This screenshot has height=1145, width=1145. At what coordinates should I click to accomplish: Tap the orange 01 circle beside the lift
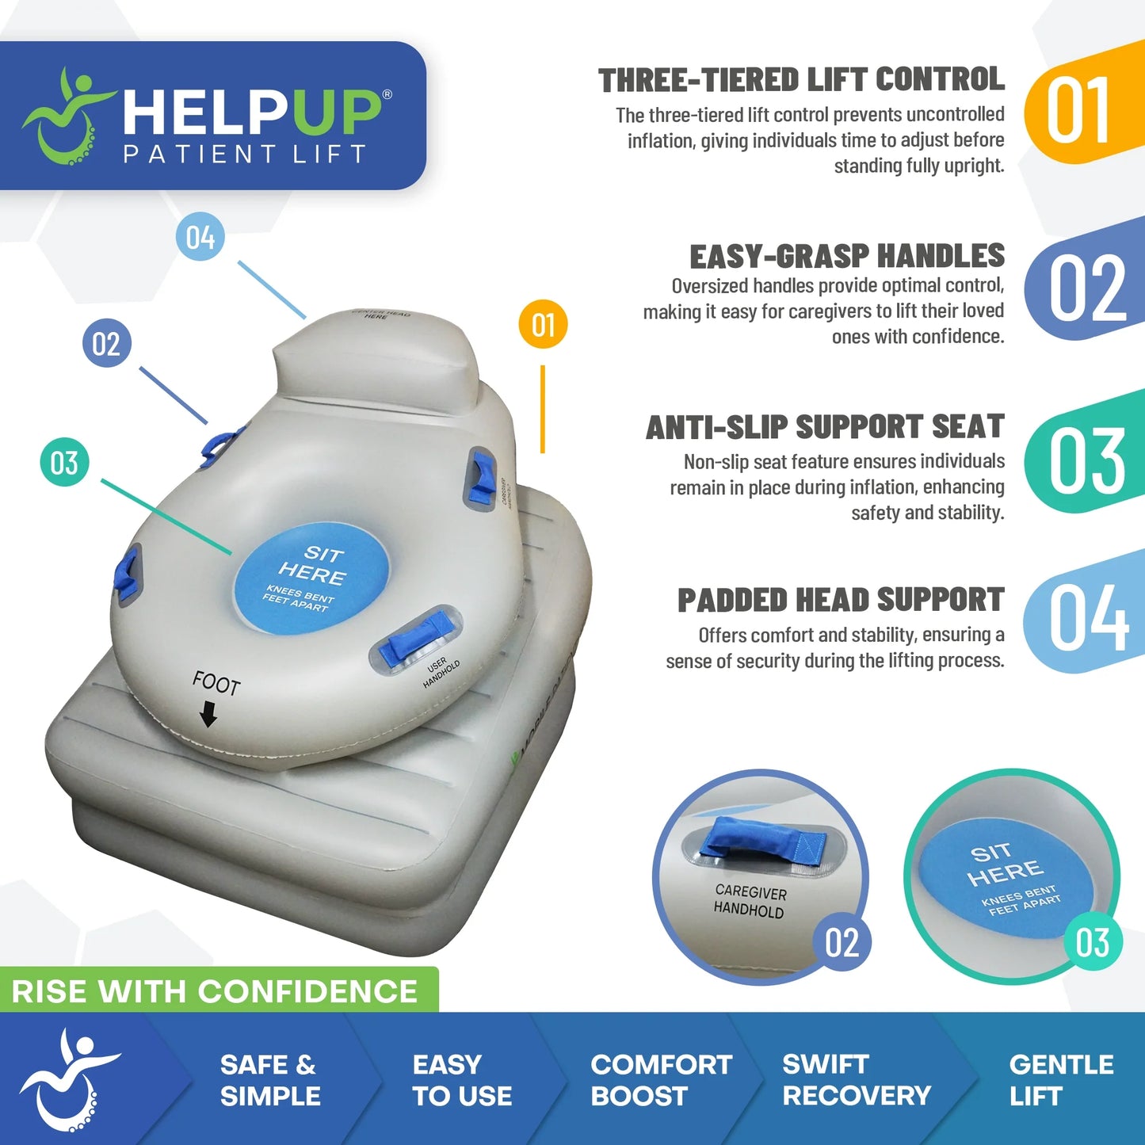click(x=543, y=324)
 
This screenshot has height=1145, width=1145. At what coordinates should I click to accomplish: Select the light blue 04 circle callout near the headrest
click(x=200, y=237)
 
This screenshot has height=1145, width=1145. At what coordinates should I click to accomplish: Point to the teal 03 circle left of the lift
click(x=64, y=463)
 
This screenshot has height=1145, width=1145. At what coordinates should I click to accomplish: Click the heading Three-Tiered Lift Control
click(x=801, y=80)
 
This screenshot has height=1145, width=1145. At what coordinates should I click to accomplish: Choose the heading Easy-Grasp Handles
click(x=846, y=257)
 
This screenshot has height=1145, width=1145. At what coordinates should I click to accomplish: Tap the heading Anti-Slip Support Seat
click(x=825, y=427)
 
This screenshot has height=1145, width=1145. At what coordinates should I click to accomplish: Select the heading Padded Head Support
click(x=841, y=600)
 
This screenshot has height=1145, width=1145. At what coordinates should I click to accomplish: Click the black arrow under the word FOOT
click(x=208, y=715)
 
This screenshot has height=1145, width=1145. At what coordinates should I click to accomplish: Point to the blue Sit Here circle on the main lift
click(x=311, y=579)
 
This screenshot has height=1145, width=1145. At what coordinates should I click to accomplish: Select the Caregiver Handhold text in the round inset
click(x=750, y=902)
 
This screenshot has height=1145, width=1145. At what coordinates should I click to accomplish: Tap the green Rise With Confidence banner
click(x=216, y=991)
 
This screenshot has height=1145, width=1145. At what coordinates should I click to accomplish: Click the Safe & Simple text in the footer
click(x=269, y=1080)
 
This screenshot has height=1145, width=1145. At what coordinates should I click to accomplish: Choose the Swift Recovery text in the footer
click(x=856, y=1080)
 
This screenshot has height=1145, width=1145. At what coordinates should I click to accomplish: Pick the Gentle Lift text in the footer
click(x=1060, y=1080)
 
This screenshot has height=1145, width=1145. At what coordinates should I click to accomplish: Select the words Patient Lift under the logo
click(x=245, y=154)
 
